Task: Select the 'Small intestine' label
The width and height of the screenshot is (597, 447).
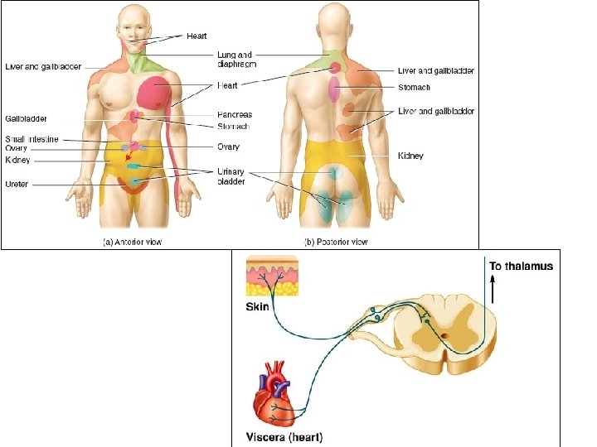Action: coord(32,139)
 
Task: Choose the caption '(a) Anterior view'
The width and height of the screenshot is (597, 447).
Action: coord(130,242)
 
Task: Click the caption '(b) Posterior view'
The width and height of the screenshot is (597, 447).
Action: coord(337,242)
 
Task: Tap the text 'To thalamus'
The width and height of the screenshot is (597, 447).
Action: coord(521,267)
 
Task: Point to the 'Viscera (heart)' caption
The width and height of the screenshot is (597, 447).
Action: coord(286,436)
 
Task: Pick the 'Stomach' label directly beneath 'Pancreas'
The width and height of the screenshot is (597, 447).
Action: coord(233,127)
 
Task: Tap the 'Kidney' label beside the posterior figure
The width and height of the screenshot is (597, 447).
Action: coord(411,156)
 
